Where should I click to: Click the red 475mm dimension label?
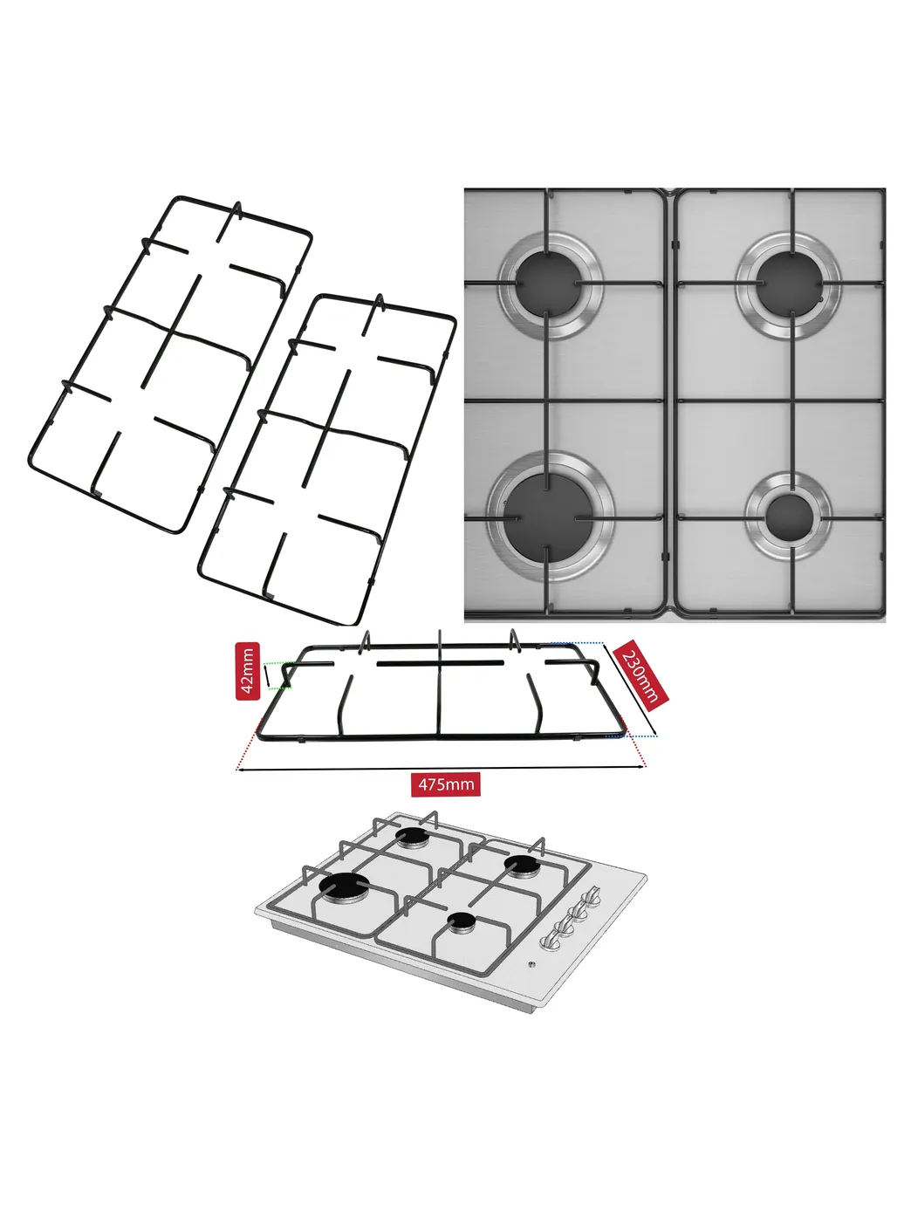click(x=446, y=784)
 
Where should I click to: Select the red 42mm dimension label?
click(x=248, y=671)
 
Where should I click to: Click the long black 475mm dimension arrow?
click(x=441, y=769)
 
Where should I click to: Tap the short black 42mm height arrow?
click(x=267, y=675)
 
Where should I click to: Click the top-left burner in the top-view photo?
click(x=550, y=285)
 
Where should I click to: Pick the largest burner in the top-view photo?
click(x=550, y=517)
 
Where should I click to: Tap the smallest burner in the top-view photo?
click(x=789, y=517)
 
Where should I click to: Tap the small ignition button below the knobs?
click(x=531, y=964)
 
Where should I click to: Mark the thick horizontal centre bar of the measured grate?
click(x=440, y=664)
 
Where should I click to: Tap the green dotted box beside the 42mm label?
click(x=278, y=675)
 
